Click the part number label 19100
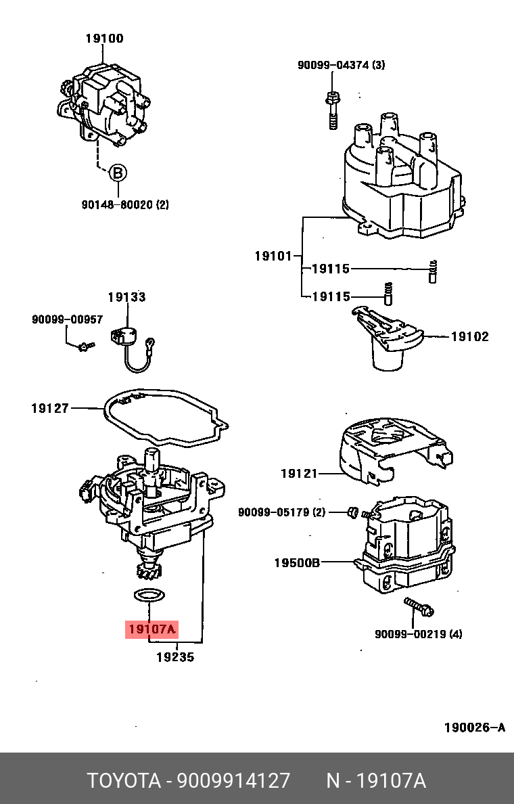pos(104,39)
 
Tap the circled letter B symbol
pos(118,173)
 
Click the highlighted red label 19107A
pos(151,629)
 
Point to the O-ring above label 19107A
pos(147,596)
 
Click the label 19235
pos(175,656)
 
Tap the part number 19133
pos(126,297)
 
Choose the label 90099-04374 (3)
pos(341,65)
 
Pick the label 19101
pos(273,256)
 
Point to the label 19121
pos(299,474)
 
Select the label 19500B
pos(297,562)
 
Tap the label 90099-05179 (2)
pos(281,512)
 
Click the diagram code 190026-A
pos(474,728)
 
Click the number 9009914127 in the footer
pos(233,780)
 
